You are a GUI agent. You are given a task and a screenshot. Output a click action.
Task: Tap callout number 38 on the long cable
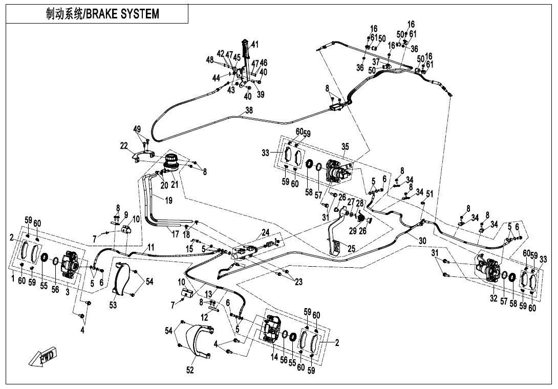[x=249, y=110]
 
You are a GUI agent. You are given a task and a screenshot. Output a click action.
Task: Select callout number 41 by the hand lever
[x=255, y=44]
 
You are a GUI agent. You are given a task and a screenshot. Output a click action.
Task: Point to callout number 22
[x=123, y=146]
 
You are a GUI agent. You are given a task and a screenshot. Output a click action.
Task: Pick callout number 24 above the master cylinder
[x=265, y=233]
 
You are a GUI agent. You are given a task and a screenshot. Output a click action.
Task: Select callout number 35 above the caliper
[x=345, y=147]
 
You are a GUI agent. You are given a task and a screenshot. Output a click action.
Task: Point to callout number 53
[x=112, y=306]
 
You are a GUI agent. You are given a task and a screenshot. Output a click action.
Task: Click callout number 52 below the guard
[x=190, y=371]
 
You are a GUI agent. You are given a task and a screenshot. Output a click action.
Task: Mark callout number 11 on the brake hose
[x=151, y=247]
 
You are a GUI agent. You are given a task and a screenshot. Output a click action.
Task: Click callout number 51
[x=430, y=193]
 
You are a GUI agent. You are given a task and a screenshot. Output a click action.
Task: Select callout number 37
[x=376, y=62]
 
